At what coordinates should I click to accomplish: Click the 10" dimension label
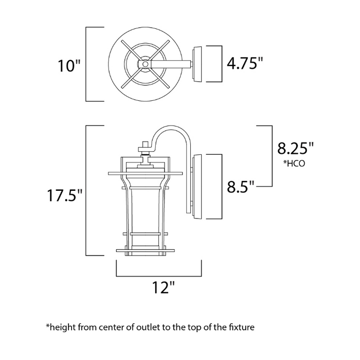click(x=69, y=66)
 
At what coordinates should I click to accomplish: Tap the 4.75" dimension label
click(x=245, y=63)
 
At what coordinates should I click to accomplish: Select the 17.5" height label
click(x=64, y=195)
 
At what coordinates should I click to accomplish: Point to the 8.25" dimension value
click(x=295, y=148)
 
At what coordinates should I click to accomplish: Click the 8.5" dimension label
click(x=241, y=186)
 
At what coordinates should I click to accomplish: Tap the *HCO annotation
click(x=294, y=164)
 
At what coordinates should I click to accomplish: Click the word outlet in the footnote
click(x=148, y=327)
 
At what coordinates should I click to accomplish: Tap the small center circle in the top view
click(x=145, y=64)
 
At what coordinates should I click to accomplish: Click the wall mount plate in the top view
click(x=197, y=64)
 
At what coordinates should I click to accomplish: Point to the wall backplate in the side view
click(x=197, y=186)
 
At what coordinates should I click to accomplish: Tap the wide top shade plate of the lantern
click(x=146, y=173)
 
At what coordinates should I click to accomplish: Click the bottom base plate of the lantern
click(x=146, y=250)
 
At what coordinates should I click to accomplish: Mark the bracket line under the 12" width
click(x=159, y=276)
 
